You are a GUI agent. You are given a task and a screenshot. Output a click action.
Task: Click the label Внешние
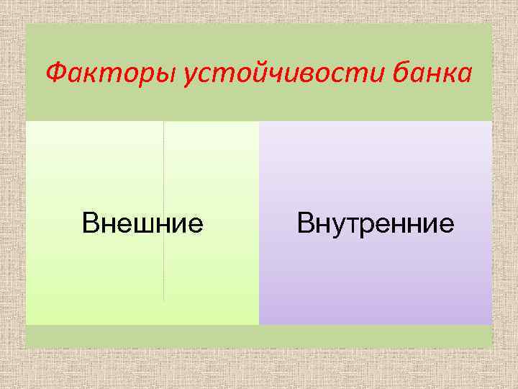point(142,223)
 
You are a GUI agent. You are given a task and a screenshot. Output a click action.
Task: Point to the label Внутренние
point(376,223)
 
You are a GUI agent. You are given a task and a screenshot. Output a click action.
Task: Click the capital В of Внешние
point(89,223)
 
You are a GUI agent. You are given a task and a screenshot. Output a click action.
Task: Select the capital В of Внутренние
point(305,223)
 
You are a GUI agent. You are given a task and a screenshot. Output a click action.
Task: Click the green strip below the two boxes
point(259,336)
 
